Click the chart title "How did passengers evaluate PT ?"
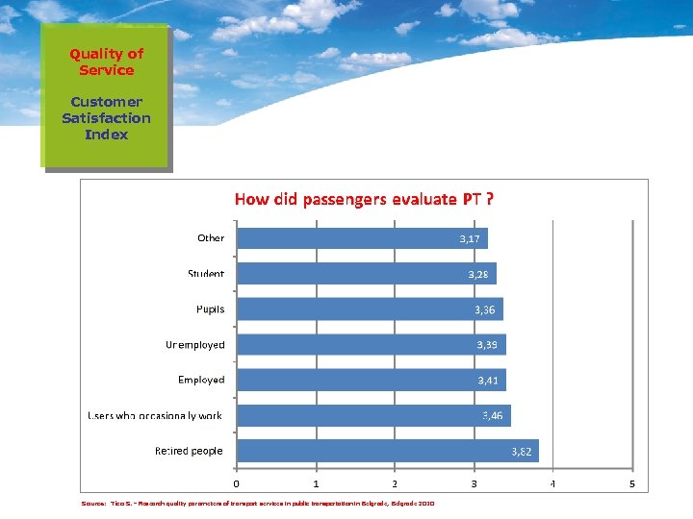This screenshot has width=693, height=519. point(365,200)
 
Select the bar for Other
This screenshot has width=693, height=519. point(361,238)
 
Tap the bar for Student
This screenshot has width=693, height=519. point(366,274)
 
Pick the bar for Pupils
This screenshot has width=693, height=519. point(369,309)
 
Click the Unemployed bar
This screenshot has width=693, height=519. point(371,345)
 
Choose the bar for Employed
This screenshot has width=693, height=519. point(371,381)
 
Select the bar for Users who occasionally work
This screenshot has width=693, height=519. point(373,415)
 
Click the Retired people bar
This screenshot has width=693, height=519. point(387,451)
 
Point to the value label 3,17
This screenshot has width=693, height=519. point(470,238)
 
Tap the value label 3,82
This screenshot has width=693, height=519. point(522,451)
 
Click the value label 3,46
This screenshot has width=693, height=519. point(492,415)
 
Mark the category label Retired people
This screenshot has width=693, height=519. point(189,451)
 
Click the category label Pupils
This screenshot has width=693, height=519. point(210,309)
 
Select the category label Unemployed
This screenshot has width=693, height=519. point(194,345)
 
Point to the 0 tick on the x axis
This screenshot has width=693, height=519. point(237,482)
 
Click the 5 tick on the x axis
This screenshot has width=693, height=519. point(631,482)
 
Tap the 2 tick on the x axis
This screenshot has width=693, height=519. point(395,482)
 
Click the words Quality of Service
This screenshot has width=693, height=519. point(106,62)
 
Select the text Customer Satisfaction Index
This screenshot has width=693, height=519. point(106,118)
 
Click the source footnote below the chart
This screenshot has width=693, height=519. point(258,504)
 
